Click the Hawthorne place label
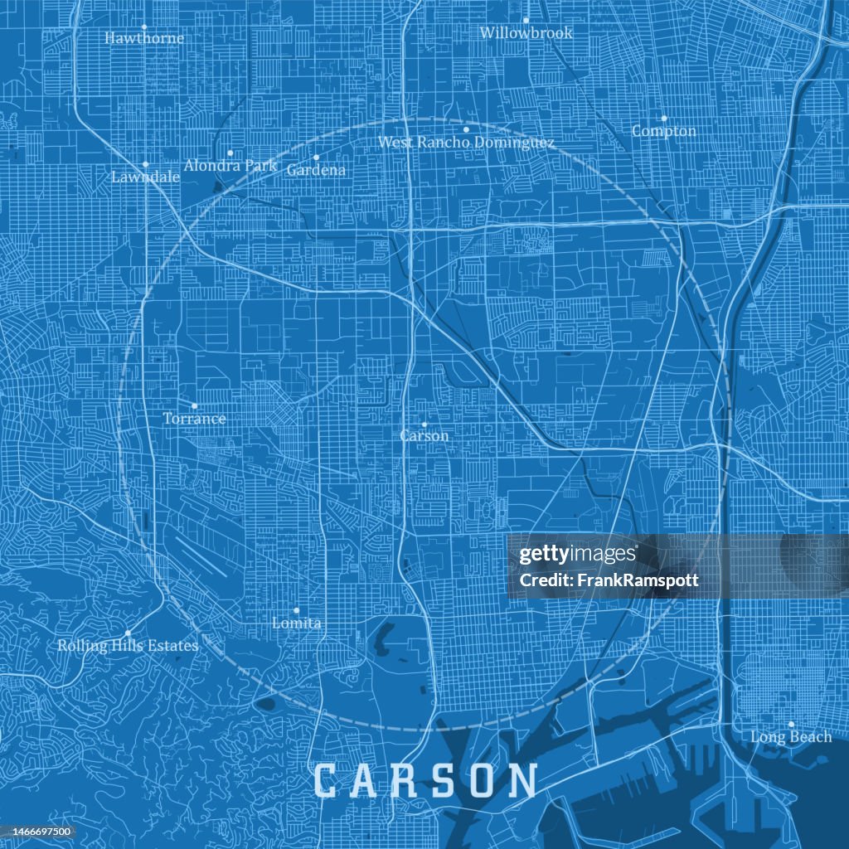144,38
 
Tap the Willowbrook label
526,33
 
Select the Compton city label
664,131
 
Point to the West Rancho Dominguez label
466,143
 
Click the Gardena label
316,170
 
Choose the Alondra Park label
230,166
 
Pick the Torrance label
194,419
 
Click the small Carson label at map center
424,436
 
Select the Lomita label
297,623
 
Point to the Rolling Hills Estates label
128,646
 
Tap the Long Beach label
791,737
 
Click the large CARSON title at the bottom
425,781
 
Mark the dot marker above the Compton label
664,118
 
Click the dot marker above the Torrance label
194,405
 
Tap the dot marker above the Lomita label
296,610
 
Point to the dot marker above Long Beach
791,724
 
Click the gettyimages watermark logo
578,555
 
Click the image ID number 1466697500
38,832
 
